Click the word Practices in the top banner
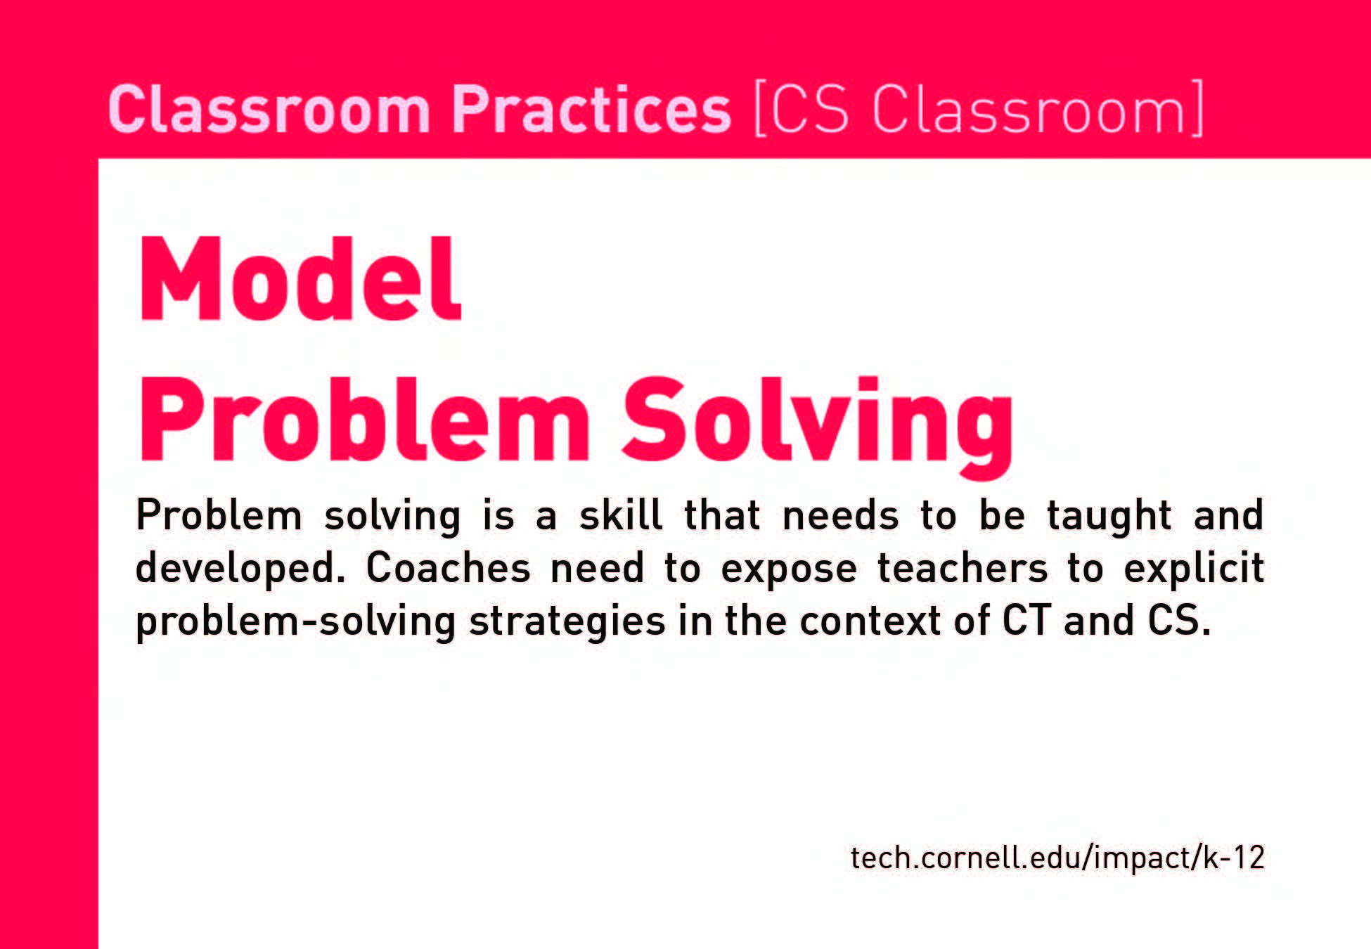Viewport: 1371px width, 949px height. [591, 109]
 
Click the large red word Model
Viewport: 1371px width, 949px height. [300, 279]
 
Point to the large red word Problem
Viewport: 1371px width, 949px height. [363, 420]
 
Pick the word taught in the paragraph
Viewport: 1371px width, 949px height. [1109, 517]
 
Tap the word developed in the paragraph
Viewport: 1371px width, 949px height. [240, 569]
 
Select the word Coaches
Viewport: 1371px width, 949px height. [448, 567]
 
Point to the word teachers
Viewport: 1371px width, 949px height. [963, 568]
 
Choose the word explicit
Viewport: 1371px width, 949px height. [1194, 569]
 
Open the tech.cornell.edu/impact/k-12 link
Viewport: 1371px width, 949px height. [1057, 858]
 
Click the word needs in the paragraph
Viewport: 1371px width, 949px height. [840, 517]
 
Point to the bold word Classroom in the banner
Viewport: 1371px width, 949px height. [269, 109]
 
